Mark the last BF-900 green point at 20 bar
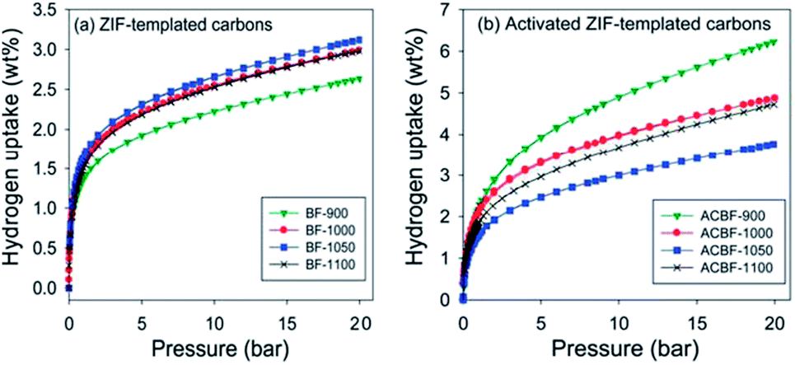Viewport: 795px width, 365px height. (361, 79)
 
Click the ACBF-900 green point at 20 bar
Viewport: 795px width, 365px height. (774, 42)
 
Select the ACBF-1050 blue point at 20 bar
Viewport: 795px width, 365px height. (774, 144)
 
